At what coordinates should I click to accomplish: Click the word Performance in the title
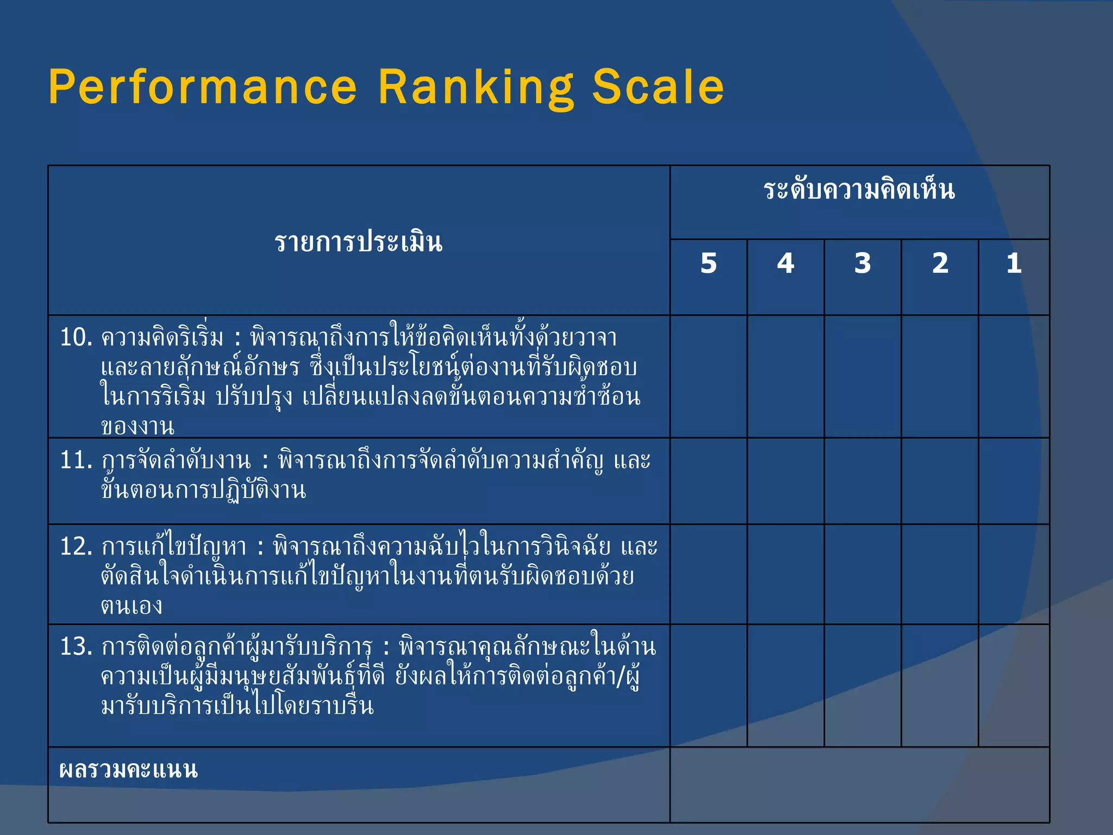pos(203,87)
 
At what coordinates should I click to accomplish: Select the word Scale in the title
pos(658,87)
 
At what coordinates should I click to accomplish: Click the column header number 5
pos(708,264)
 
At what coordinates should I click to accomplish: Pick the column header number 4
pos(785,264)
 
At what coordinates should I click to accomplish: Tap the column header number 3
pos(862,264)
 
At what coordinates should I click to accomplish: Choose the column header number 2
pos(940,264)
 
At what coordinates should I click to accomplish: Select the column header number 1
pos(1014,264)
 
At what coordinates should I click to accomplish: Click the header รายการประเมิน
pos(359,242)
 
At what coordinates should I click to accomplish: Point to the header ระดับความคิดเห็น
pos(859,190)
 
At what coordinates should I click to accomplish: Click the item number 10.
pos(76,338)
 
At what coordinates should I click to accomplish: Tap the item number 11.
pos(76,460)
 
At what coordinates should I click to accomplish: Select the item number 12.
pos(76,546)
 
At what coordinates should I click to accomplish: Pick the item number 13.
pos(76,647)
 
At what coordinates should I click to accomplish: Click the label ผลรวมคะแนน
pos(128,770)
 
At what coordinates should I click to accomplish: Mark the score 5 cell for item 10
pos(708,376)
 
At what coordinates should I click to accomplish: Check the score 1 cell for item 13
pos(1014,686)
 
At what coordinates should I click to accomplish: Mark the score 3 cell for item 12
pos(862,574)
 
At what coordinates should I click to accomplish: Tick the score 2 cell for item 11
pos(940,481)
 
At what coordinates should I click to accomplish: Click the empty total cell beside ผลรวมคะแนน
pos(859,784)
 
